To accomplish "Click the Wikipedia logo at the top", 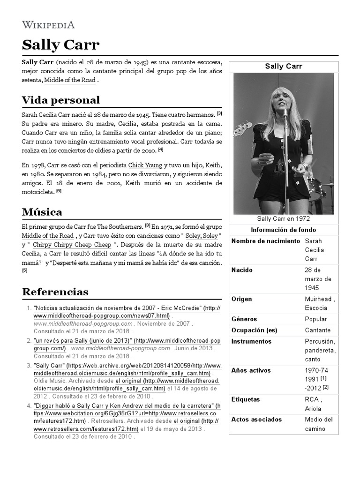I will tap(48, 25).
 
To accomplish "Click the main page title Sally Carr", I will tap(60, 45).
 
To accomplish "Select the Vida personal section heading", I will tap(61, 100).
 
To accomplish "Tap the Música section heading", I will tap(42, 212).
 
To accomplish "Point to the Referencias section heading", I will tap(55, 292).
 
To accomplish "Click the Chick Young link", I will tap(145, 165).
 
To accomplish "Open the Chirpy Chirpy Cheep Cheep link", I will tap(72, 245).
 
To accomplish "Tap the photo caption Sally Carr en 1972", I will tap(283, 219).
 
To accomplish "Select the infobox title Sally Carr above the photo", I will tap(283, 66).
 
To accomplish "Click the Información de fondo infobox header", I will tap(283, 230).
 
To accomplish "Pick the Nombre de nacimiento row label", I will tap(265, 241).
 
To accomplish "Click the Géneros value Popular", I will tap(315, 319).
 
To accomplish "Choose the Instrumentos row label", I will tap(251, 341).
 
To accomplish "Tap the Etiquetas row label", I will tap(246, 399).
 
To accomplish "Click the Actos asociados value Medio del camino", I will tap(319, 424).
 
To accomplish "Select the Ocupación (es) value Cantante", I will tap(317, 330).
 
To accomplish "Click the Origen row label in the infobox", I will tap(241, 299).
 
